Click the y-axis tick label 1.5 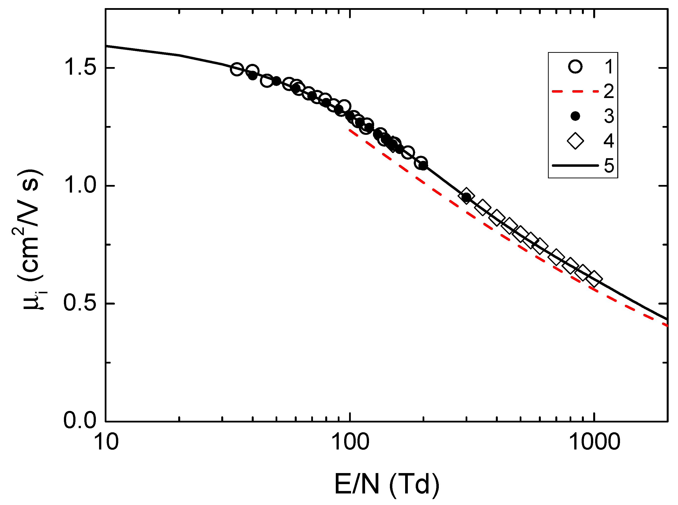click(x=80, y=67)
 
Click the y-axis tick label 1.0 click(x=80, y=185)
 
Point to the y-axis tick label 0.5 click(x=80, y=303)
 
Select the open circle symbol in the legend click(x=575, y=66)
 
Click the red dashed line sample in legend click(x=575, y=91)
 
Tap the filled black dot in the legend click(x=575, y=116)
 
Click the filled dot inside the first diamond click(x=466, y=198)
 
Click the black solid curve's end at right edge click(x=667, y=320)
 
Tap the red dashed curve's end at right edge click(x=667, y=326)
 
